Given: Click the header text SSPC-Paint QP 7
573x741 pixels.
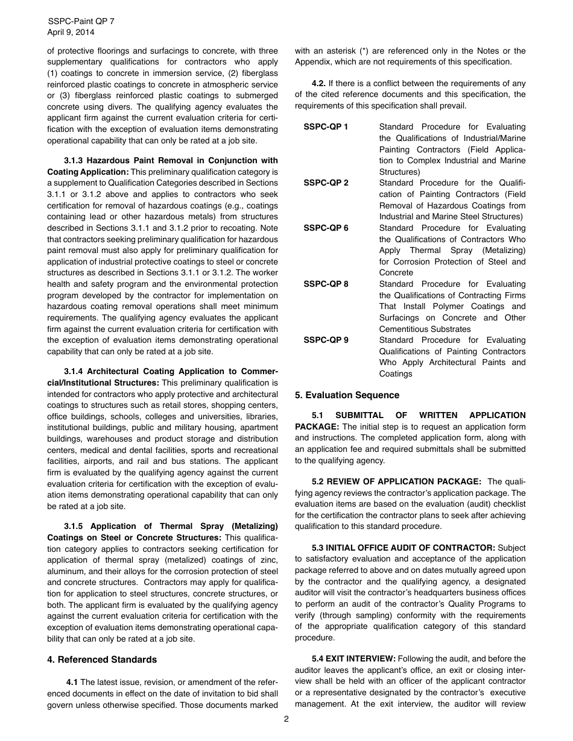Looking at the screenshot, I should [x=81, y=21].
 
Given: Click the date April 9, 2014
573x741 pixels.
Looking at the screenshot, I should [x=71, y=33].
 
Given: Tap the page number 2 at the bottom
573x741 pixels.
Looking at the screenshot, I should [x=286, y=719].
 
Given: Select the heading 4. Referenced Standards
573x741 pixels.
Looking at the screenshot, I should [x=102, y=660].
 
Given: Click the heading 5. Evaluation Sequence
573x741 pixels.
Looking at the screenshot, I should [x=347, y=395].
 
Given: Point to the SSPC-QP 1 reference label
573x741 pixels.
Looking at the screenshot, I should [x=326, y=127].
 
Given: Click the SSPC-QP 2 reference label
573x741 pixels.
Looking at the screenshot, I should [x=326, y=183].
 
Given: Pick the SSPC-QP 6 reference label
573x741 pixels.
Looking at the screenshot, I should [x=326, y=228].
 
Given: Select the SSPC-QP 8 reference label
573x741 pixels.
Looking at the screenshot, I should [x=326, y=284].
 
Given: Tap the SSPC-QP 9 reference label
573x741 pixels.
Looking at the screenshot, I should [x=326, y=340].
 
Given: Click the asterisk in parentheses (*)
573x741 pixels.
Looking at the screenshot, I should [x=363, y=51].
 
